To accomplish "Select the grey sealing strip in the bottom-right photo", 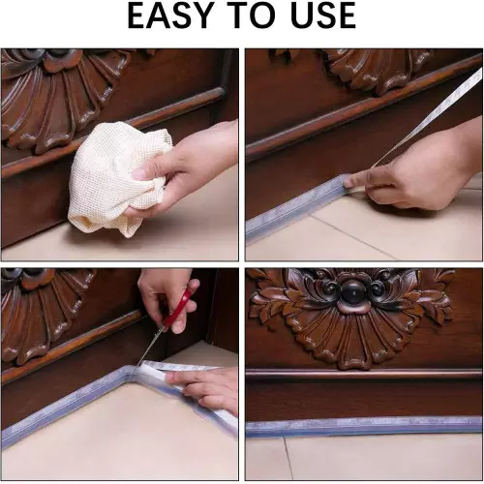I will pos(363,426).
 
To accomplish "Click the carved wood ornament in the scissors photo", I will pos(39,310).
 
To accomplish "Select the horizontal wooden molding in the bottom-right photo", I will pos(363,373).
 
